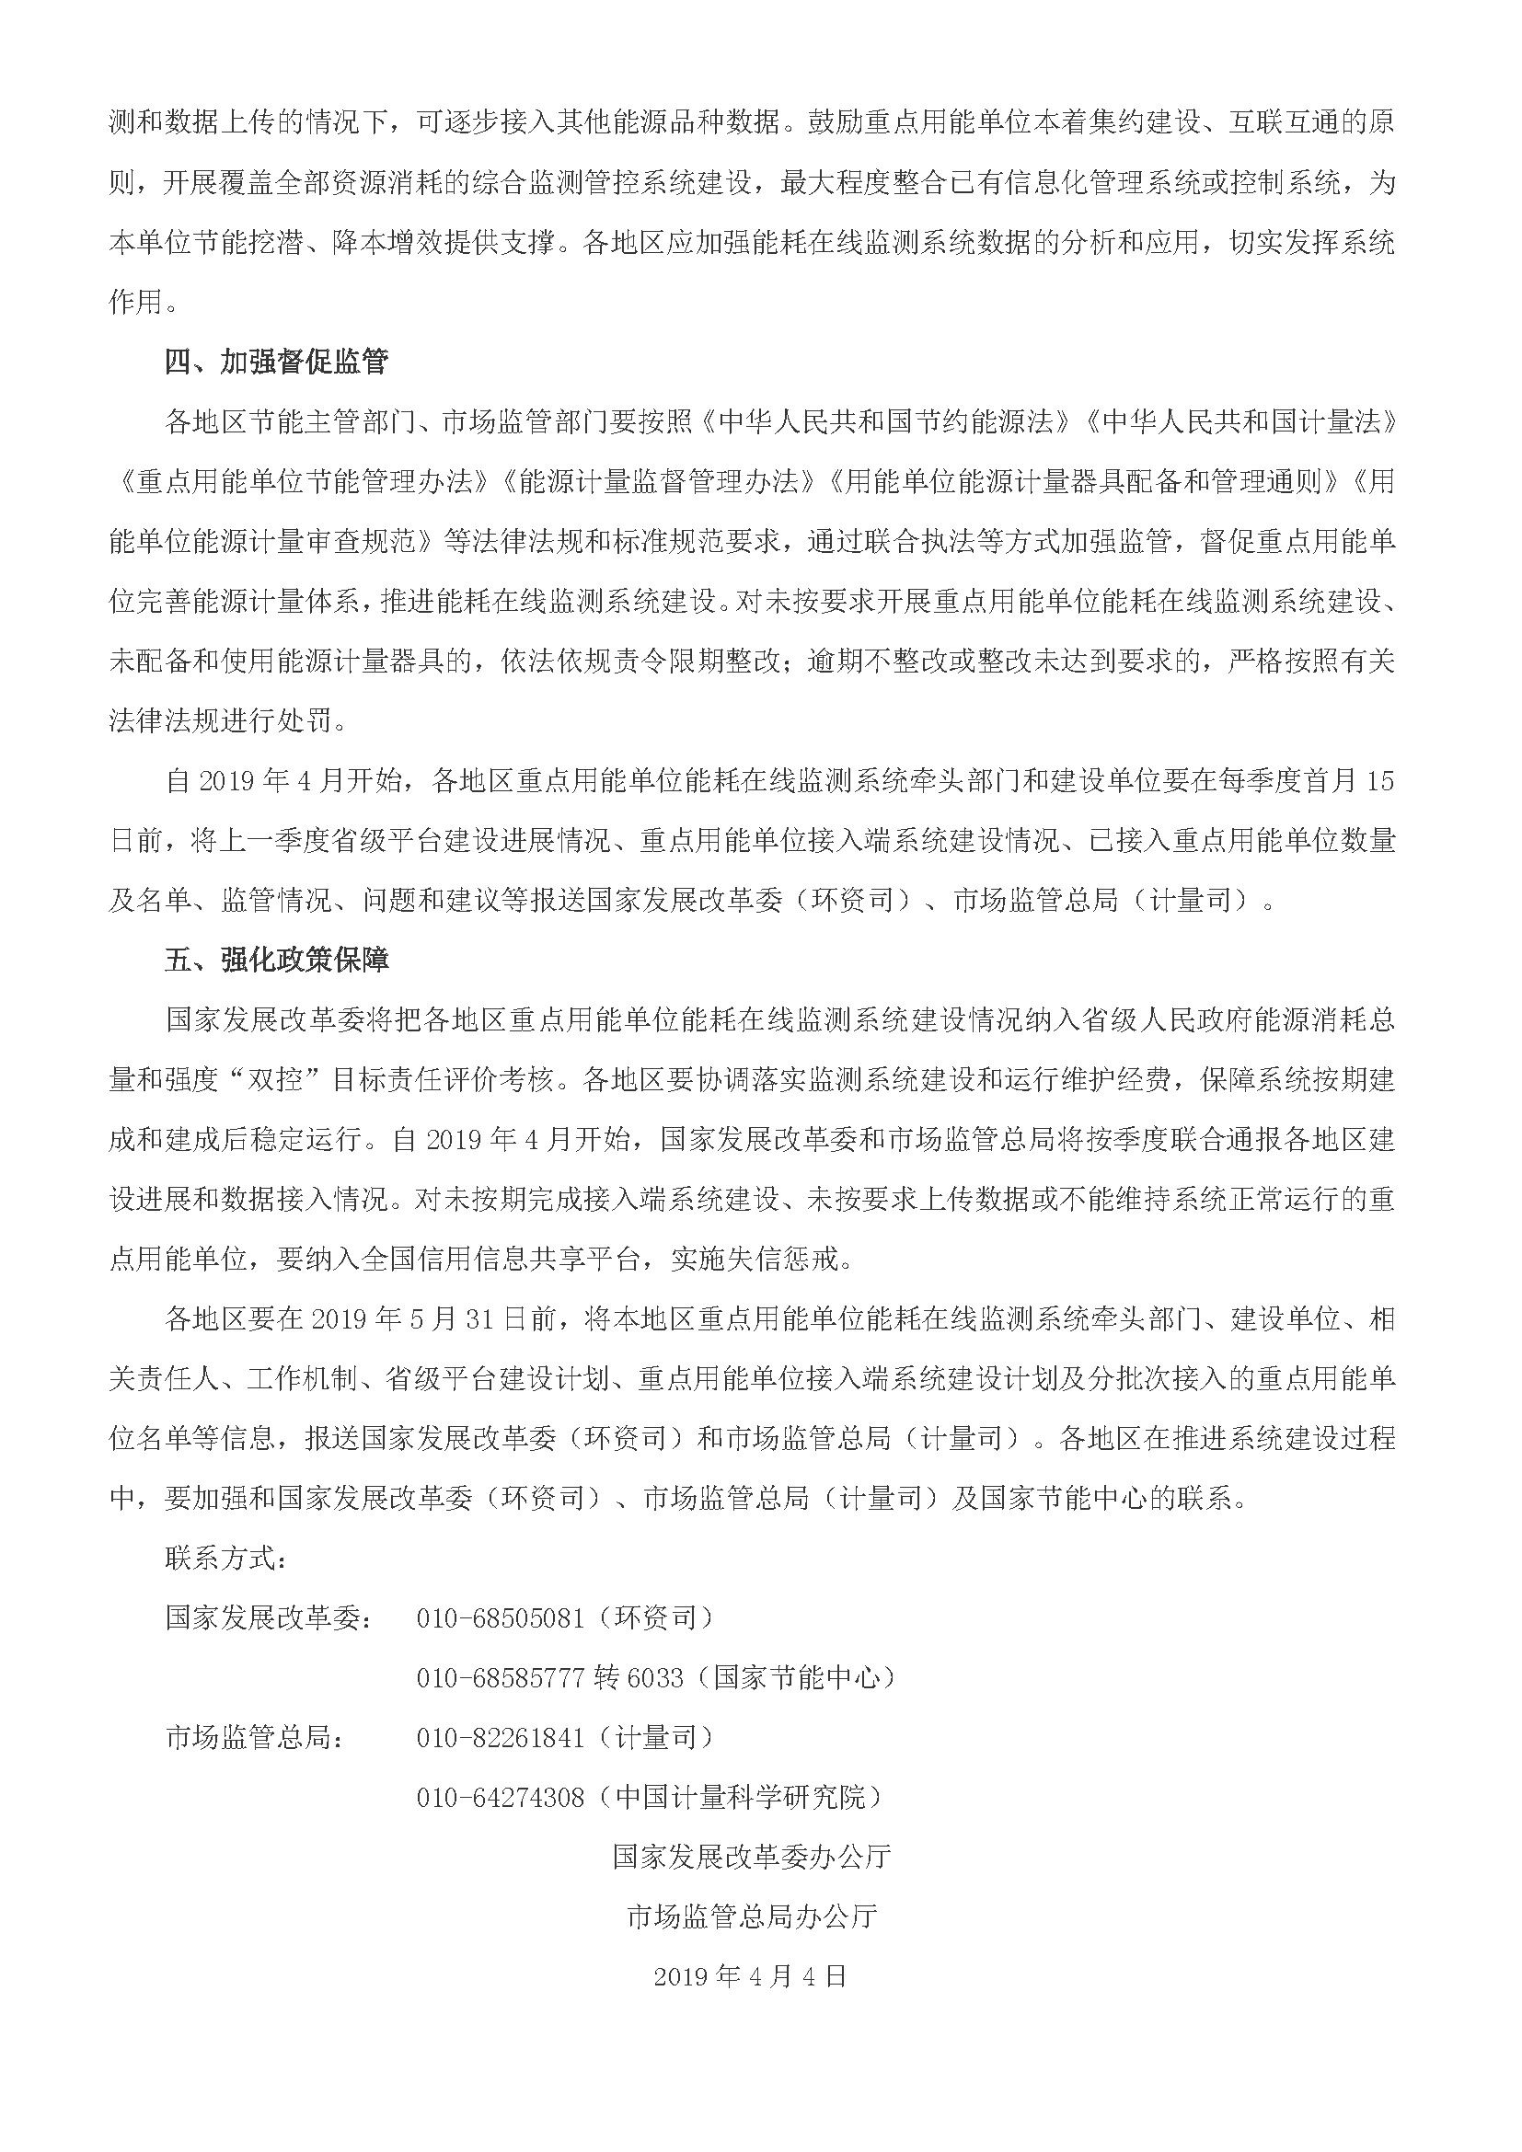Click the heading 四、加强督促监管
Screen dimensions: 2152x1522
(276, 363)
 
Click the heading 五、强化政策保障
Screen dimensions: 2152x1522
(276, 961)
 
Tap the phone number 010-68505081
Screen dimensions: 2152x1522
(501, 1618)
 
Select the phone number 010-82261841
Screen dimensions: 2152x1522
(501, 1738)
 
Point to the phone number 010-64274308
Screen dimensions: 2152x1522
(501, 1798)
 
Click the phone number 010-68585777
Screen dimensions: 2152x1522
(501, 1678)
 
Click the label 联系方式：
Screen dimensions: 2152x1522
(225, 1559)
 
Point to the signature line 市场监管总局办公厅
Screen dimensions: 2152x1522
(752, 1916)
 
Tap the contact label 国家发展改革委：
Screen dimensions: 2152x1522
(268, 1618)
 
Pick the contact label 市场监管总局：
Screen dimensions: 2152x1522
(254, 1738)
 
